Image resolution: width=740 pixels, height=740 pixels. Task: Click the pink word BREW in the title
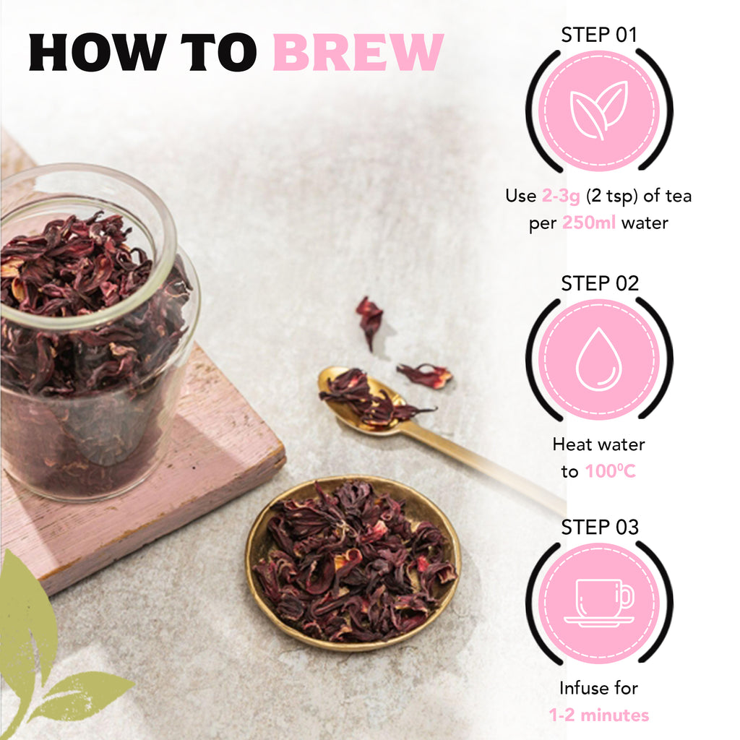pos(358,52)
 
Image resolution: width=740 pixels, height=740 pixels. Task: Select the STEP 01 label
pos(599,35)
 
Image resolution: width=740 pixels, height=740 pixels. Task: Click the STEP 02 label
pos(599,283)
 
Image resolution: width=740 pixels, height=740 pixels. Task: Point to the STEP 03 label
pos(599,527)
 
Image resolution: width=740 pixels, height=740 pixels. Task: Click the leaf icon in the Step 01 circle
pos(599,111)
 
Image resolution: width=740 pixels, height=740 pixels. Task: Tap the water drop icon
pos(598,358)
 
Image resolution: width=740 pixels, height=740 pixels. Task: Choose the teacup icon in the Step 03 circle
pos(599,603)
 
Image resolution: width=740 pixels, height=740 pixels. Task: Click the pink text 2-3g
pos(561,196)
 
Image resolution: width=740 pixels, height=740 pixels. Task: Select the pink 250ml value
pos(589,223)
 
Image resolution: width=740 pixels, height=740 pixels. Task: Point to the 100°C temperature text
pos(610,471)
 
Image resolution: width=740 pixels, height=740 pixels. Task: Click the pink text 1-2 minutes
pos(599,715)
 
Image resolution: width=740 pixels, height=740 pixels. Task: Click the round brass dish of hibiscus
pos(353,564)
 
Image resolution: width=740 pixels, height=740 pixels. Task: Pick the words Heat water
pos(598,444)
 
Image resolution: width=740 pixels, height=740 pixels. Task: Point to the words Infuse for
pos(598,688)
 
